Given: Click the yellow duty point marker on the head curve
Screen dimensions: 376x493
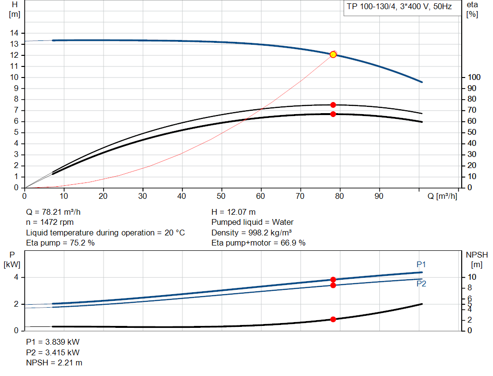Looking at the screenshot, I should (333, 54).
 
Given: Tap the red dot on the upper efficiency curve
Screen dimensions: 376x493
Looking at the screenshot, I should (333, 105).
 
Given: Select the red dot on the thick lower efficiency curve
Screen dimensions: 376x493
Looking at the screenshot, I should (333, 114).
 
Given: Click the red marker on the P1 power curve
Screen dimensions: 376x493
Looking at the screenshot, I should (333, 280).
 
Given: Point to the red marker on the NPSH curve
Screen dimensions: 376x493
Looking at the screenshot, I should (333, 319).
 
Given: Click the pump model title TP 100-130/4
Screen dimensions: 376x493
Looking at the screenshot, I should (369, 7).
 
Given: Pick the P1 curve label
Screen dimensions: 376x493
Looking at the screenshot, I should (421, 264).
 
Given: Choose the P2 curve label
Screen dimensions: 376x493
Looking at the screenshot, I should (421, 284).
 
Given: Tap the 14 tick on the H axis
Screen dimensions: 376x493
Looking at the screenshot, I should (14, 33).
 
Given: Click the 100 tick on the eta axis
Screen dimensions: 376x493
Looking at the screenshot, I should (474, 77).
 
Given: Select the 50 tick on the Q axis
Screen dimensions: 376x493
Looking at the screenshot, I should (221, 196).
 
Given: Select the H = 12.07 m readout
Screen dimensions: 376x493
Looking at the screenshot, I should (234, 212).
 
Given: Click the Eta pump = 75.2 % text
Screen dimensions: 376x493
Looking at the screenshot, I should (60, 243).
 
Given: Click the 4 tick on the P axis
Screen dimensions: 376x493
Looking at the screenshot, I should (16, 277).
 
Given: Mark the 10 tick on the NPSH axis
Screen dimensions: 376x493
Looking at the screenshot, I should (472, 277).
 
